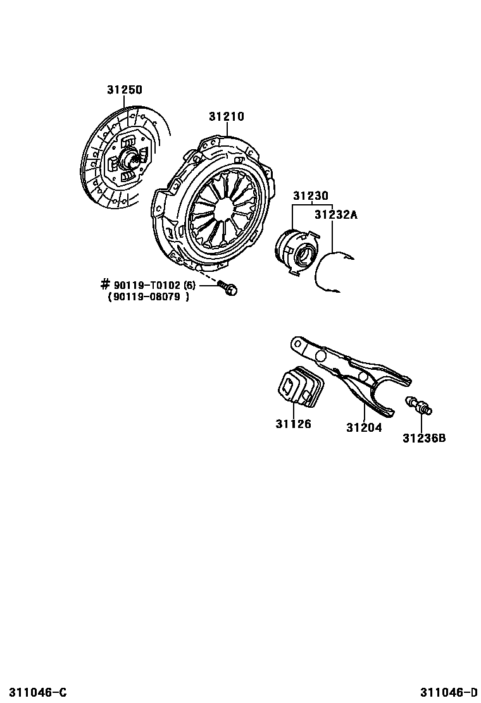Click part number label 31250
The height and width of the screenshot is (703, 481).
tap(124, 90)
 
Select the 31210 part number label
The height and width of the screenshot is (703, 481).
tap(226, 117)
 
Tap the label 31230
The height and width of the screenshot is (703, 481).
tap(310, 197)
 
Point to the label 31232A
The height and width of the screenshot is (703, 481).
tap(337, 215)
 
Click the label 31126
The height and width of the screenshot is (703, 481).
tap(293, 424)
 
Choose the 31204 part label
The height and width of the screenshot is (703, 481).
tap(364, 427)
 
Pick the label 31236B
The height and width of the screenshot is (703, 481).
tap(424, 437)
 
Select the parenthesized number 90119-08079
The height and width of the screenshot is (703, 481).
tap(149, 298)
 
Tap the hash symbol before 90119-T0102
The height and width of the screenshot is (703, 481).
tap(105, 285)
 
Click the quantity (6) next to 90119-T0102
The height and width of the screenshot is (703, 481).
tap(191, 286)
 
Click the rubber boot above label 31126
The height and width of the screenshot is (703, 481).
tap(299, 386)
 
